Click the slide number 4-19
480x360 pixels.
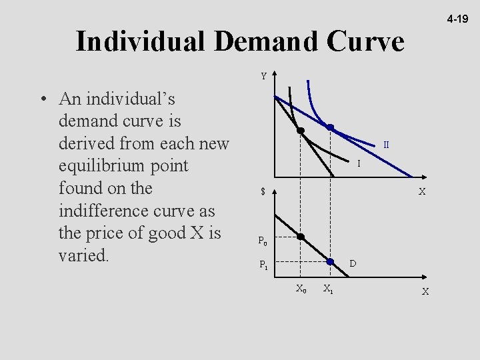point(458,20)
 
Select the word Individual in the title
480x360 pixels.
point(141,42)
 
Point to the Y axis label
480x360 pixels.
point(264,77)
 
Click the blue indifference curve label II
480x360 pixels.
point(386,144)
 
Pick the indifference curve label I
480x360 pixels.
point(359,163)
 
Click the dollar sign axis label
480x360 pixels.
point(263,193)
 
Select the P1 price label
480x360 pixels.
point(265,265)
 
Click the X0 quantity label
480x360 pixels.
point(301,289)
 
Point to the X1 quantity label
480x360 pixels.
point(328,289)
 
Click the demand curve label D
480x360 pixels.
point(353,265)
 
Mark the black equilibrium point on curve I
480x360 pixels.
point(301,131)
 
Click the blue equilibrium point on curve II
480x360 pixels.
point(329,127)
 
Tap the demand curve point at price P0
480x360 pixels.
point(301,237)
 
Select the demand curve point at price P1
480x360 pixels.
point(329,262)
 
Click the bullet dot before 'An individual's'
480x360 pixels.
point(42,99)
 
